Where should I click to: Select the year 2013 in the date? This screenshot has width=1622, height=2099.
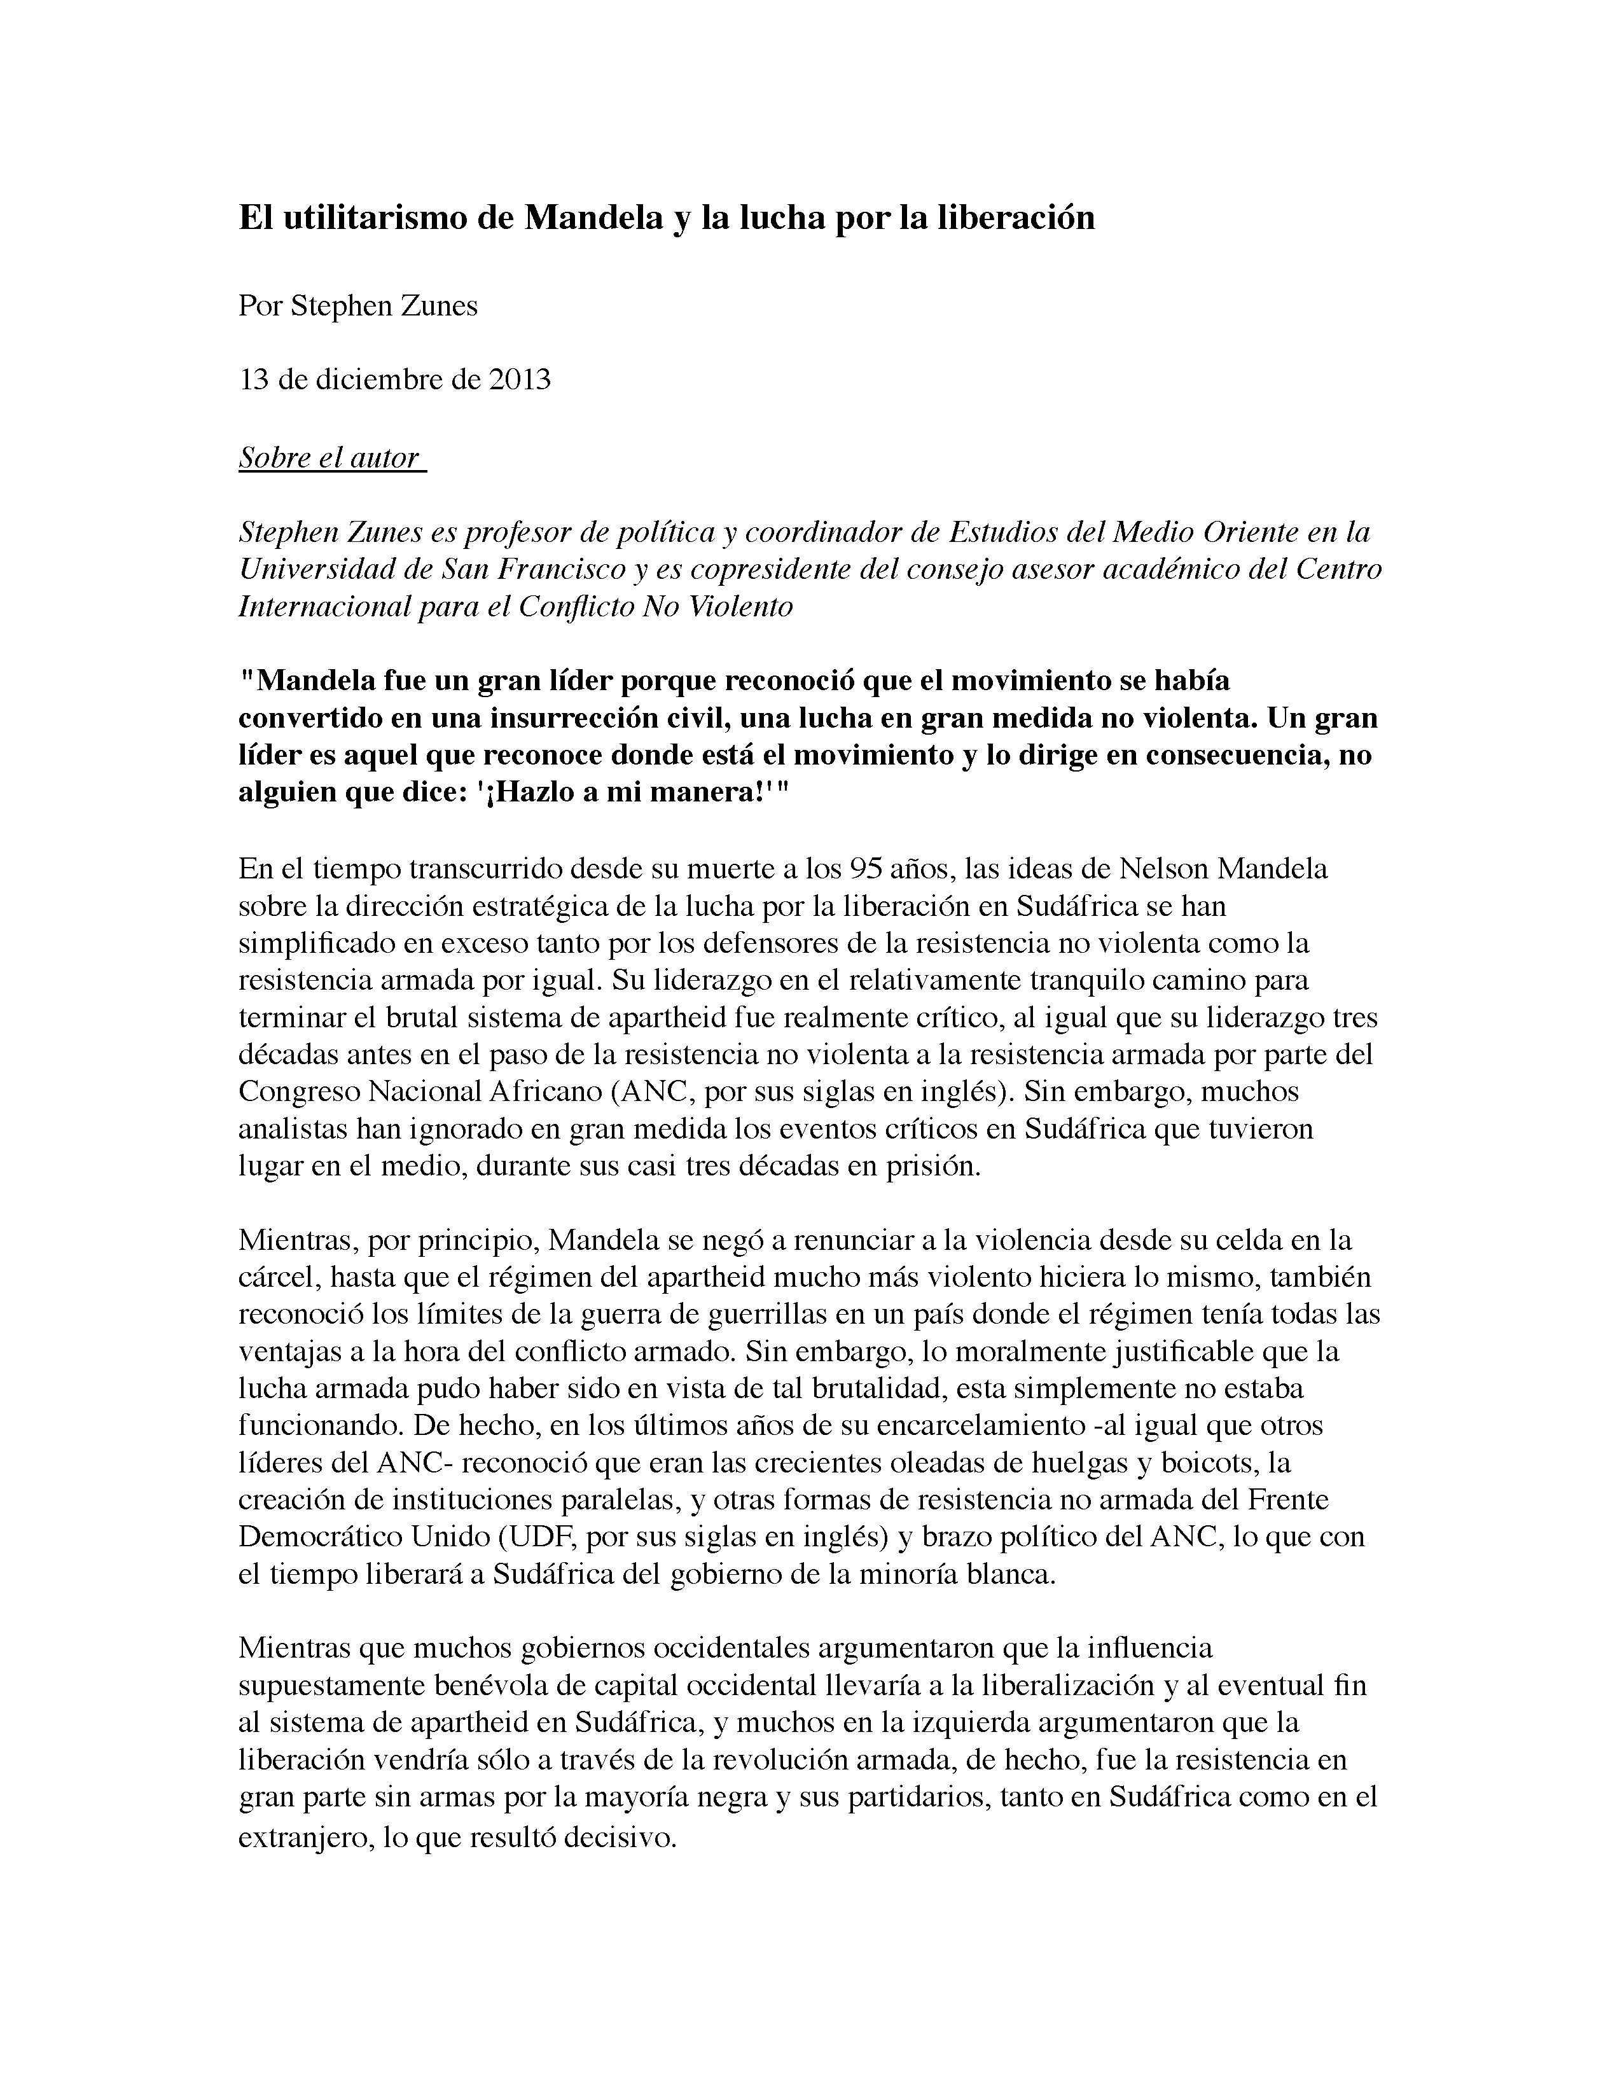(x=520, y=380)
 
